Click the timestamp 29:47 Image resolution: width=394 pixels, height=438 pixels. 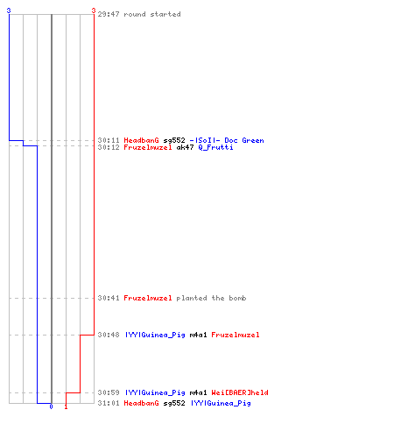coord(109,14)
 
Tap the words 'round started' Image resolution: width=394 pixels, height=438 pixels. coord(152,14)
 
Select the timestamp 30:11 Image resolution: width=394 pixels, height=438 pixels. coord(109,140)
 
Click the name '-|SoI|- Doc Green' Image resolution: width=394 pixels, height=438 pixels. coord(227,140)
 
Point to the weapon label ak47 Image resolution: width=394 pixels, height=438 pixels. coord(185,147)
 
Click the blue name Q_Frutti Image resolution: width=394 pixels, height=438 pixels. coord(216,147)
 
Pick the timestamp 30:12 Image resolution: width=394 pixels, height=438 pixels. coord(109,147)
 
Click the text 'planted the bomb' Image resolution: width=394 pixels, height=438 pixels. coord(211,298)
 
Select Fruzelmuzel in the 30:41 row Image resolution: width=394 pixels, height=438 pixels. coord(148,298)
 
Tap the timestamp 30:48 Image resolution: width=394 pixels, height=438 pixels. coord(109,335)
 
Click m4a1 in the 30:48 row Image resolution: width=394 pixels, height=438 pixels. coord(198,335)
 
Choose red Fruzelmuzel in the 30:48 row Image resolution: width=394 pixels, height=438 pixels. coord(236,335)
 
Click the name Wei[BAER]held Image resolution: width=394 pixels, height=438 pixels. coord(240,392)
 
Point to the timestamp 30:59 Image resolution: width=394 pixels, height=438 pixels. coord(109,392)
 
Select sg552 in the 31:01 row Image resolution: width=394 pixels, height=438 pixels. coord(174,403)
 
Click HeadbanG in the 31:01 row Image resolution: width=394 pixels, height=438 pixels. coord(142,403)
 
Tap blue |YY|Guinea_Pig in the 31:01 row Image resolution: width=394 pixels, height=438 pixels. coord(221,403)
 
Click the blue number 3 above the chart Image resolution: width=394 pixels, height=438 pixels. coord(9,11)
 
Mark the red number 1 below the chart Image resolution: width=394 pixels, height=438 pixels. coord(66,406)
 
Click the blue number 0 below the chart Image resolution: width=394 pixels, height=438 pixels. coord(51,406)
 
